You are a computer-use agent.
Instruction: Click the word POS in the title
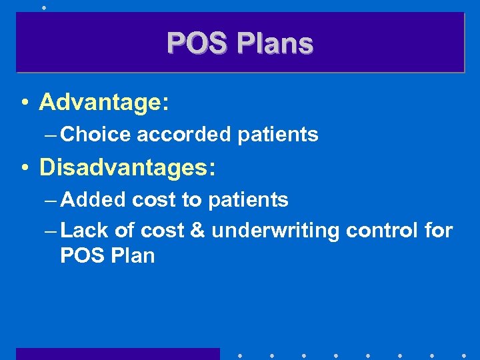click(194, 43)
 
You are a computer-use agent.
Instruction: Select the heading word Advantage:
click(104, 102)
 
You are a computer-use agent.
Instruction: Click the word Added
click(93, 199)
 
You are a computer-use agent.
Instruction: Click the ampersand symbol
click(198, 231)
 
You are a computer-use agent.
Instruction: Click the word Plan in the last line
click(130, 255)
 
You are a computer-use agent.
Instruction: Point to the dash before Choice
click(49, 135)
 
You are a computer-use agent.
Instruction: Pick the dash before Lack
click(49, 231)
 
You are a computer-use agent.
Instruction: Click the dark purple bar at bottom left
click(117, 353)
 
